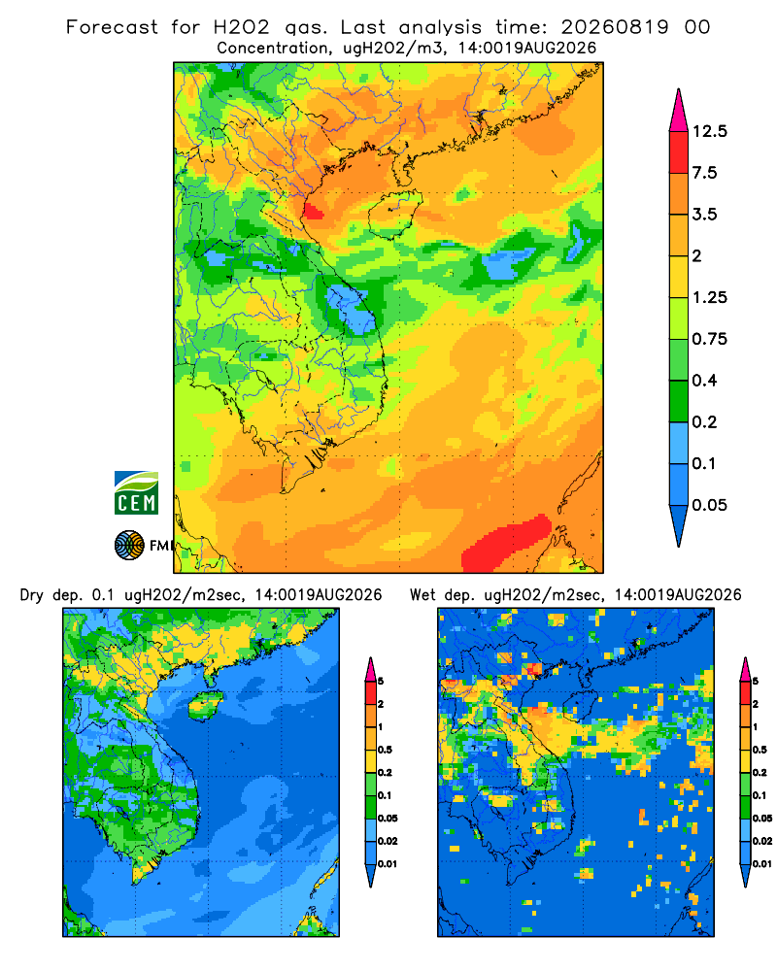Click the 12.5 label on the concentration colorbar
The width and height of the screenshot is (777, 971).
tap(709, 131)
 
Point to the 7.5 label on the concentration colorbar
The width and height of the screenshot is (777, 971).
tap(704, 173)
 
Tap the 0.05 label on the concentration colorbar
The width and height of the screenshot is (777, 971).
tap(709, 505)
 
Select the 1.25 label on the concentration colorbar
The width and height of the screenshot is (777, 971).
tap(709, 297)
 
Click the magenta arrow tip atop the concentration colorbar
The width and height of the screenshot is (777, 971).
tap(679, 111)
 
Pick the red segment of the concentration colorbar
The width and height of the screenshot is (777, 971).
tap(679, 152)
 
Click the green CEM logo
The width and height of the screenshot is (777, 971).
tap(136, 493)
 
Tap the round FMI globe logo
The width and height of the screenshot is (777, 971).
tap(129, 546)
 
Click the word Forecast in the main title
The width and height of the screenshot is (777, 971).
tap(112, 27)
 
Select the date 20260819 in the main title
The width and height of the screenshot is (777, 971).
tap(615, 27)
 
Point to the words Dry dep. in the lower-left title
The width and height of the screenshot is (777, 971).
tap(52, 595)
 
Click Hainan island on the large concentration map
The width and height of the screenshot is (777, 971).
tap(394, 214)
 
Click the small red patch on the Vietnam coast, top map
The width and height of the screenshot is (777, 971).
tap(313, 211)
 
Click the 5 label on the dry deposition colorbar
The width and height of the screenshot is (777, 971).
tap(381, 682)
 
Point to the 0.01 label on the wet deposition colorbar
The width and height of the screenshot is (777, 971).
tap(762, 864)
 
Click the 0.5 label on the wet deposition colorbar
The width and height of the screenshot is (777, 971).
tap(760, 750)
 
